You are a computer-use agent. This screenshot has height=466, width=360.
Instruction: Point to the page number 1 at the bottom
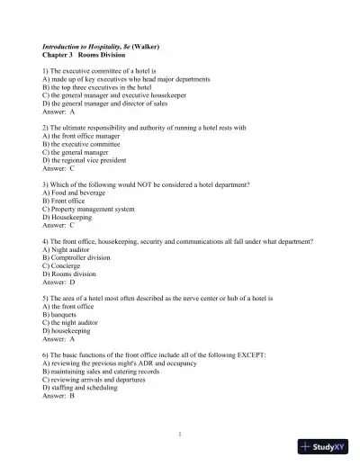(180, 435)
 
